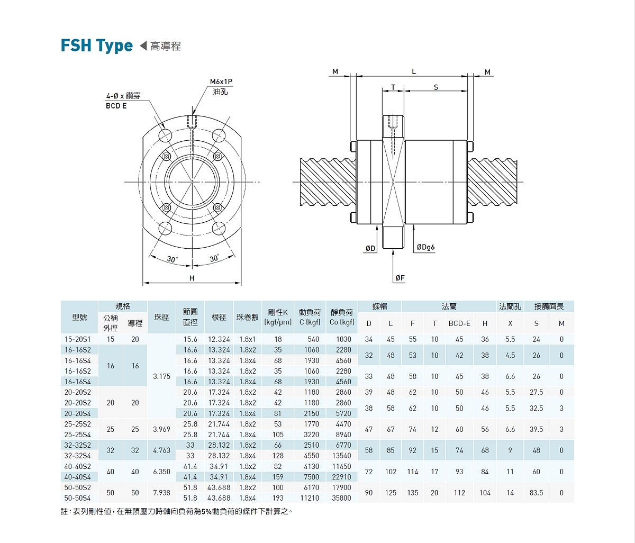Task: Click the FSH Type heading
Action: pos(97,46)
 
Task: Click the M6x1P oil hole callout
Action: pos(221,82)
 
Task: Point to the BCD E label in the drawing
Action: pos(116,106)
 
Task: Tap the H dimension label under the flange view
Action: pos(192,278)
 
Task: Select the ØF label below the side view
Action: pos(400,278)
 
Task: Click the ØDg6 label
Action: pos(425,247)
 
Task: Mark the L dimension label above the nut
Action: pos(414,71)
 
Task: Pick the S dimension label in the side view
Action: pos(436,87)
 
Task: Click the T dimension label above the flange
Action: pos(393,87)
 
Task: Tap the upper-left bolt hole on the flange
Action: pos(165,135)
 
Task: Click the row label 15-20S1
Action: pos(78,339)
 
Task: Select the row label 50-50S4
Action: pos(78,498)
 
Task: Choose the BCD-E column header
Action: pos(459,323)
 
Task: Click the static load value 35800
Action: pos(341,498)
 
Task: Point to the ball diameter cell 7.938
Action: pos(161,493)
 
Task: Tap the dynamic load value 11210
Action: pos(310,498)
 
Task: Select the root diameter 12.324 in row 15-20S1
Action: pos(219,339)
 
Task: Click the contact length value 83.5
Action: pos(536,493)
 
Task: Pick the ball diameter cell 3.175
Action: pos(161,376)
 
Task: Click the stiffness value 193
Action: pos(278,498)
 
